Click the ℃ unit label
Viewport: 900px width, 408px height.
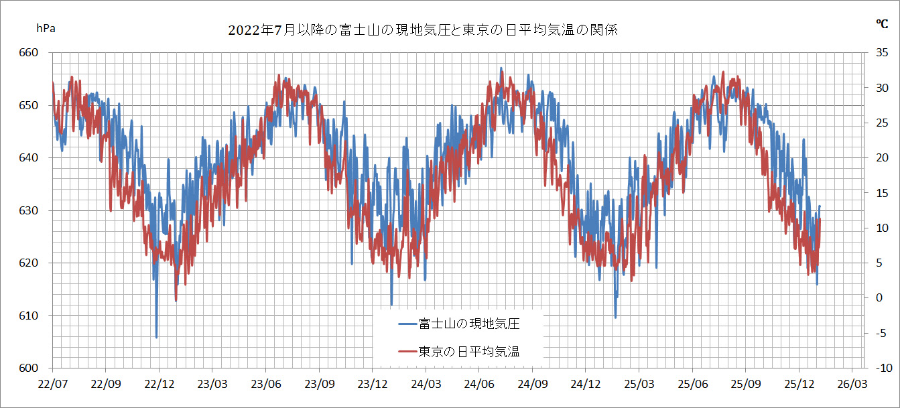[882, 23]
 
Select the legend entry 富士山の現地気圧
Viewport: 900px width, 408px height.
[469, 324]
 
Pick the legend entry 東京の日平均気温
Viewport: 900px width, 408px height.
[469, 351]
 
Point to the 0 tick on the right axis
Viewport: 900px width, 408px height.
[879, 297]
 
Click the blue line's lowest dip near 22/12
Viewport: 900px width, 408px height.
[156, 337]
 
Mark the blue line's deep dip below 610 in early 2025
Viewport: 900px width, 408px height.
[615, 316]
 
